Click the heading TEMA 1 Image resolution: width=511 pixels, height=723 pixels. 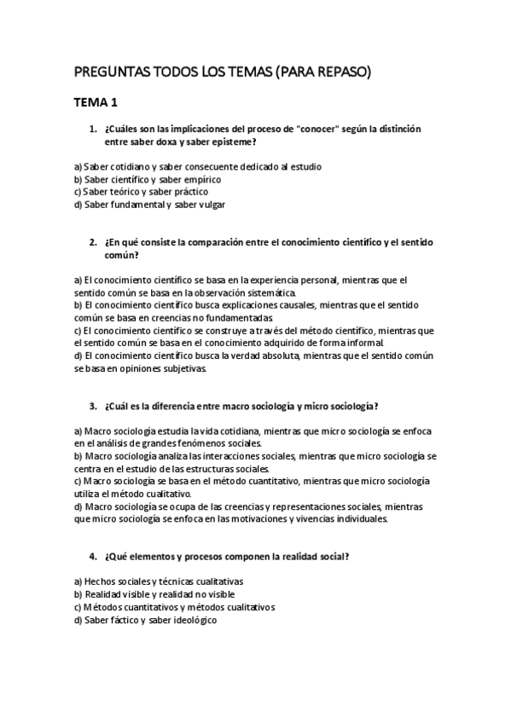96,104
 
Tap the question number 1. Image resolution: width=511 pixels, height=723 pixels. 92,129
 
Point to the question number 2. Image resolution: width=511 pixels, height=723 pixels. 92,242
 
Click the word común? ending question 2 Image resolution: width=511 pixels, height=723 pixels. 121,255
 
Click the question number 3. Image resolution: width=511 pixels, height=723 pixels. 92,406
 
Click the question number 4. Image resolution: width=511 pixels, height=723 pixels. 92,557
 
